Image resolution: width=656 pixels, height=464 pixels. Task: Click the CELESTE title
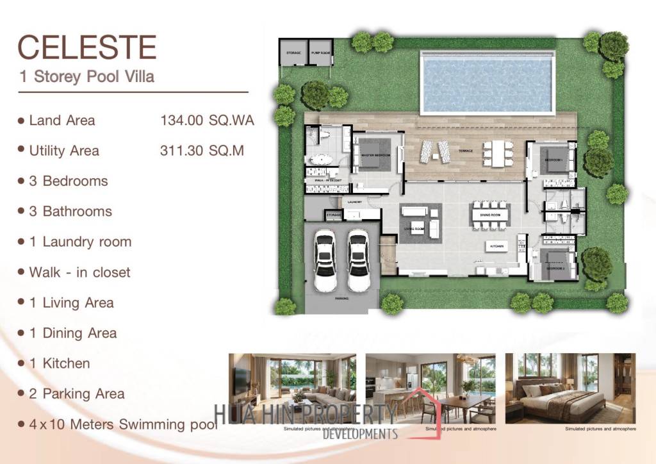coord(87,48)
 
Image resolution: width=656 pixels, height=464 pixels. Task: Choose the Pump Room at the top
coord(320,53)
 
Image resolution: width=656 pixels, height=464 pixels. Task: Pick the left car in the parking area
coord(325,259)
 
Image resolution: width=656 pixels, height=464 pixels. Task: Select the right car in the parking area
coord(358,259)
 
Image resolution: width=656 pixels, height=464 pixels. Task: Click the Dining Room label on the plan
coord(491,215)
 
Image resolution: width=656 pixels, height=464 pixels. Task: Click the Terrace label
coord(465,151)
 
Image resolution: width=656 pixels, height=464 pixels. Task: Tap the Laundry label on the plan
coord(354,202)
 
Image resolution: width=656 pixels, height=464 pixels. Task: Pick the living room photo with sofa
coord(293,388)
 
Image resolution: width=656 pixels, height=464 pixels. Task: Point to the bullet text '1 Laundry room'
coord(80,242)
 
